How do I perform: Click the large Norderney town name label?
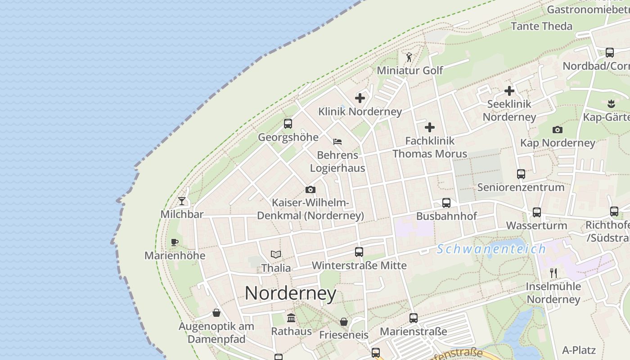[291, 293]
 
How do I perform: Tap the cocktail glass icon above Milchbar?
[182, 201]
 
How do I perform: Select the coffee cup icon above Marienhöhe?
[175, 243]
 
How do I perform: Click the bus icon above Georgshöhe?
[288, 123]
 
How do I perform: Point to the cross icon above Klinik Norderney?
[360, 98]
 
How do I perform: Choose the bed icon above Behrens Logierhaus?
[337, 142]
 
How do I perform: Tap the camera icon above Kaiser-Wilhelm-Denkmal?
[310, 189]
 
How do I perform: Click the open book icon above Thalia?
[276, 255]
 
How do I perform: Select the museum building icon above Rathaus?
[291, 318]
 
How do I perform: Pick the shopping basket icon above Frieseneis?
[344, 322]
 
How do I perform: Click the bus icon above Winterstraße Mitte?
[359, 252]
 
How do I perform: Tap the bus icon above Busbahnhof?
[446, 202]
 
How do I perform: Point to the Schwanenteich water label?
[491, 249]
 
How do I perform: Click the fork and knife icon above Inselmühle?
[553, 273]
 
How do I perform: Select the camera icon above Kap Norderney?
[558, 130]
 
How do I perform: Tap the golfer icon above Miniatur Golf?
[409, 57]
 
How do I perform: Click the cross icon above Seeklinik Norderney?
[509, 91]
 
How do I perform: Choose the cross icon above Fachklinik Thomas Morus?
[430, 127]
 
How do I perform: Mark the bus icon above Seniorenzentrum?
[521, 174]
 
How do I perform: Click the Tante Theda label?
[542, 26]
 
